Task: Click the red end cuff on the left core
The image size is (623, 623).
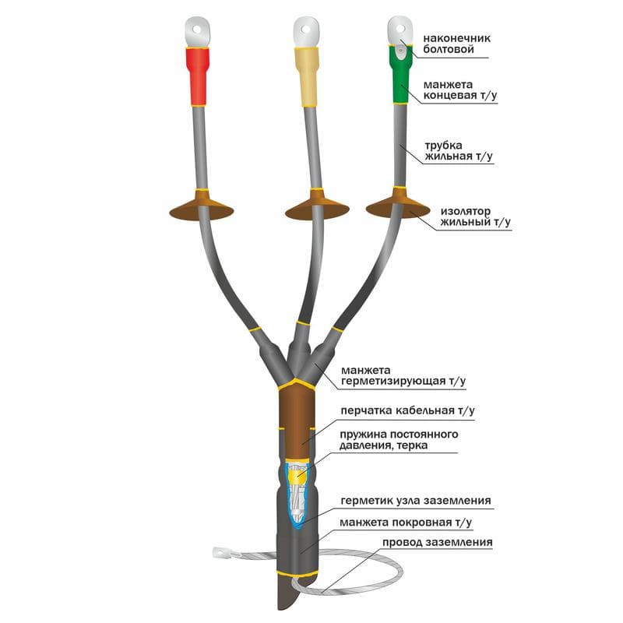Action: pos(198,76)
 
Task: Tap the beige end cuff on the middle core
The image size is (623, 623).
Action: pos(306,76)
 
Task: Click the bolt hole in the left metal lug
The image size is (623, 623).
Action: pos(197,29)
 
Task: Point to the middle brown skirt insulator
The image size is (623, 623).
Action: pos(317,206)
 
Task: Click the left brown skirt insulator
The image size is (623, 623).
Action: pos(202,206)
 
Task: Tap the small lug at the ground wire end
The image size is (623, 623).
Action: pos(220,551)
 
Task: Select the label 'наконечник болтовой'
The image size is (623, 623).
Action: pos(456,44)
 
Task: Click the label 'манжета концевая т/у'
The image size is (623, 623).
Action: pos(460,90)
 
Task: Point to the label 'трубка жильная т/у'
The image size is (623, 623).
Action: pos(459,150)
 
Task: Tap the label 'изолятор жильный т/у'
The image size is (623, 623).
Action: pos(475,216)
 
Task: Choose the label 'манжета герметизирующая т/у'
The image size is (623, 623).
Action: pos(403,376)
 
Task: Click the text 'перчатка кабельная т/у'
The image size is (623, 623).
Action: pos(407,411)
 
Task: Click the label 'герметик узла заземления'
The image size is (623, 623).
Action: pos(416,501)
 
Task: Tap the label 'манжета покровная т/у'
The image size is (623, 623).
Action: pos(406,523)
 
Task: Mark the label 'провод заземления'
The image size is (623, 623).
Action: pos(438,542)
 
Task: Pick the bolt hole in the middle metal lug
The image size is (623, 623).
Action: pos(305,30)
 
